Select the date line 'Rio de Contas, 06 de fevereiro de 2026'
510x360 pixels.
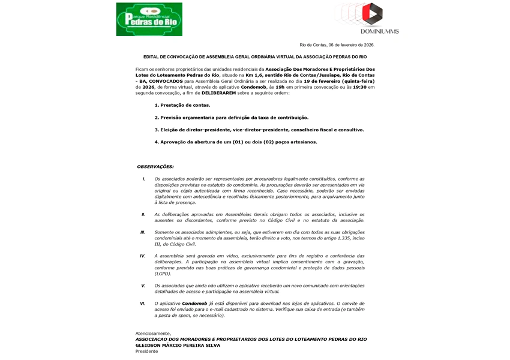click(337, 45)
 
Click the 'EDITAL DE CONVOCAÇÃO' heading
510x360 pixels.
click(255, 57)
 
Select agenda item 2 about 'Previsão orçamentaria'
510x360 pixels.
click(231, 118)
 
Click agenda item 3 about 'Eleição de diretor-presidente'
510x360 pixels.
click(259, 130)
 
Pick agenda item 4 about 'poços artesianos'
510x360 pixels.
click(235, 142)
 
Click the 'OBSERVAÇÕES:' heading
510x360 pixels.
click(155, 166)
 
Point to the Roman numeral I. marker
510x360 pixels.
click(143, 179)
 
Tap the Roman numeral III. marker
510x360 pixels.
click(143, 232)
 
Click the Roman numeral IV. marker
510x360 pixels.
click(143, 256)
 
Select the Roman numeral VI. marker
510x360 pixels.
click(143, 303)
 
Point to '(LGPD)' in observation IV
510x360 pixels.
click(164, 273)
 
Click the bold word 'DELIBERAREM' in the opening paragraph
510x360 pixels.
click(222, 94)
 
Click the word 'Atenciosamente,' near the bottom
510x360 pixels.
click(153, 334)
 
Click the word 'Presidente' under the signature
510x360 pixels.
click(146, 351)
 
